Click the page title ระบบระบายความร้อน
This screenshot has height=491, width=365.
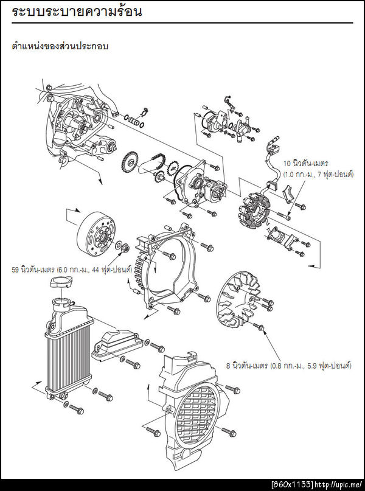click(77, 12)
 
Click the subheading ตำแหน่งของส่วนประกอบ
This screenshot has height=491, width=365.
click(60, 46)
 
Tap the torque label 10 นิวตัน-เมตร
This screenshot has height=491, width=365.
click(306, 164)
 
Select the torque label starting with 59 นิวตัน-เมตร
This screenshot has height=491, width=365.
click(72, 270)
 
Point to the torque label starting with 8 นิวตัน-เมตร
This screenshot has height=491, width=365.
click(289, 366)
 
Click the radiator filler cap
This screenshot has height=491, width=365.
click(59, 283)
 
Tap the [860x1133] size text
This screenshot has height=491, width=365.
click(292, 484)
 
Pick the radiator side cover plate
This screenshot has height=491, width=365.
click(116, 344)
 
